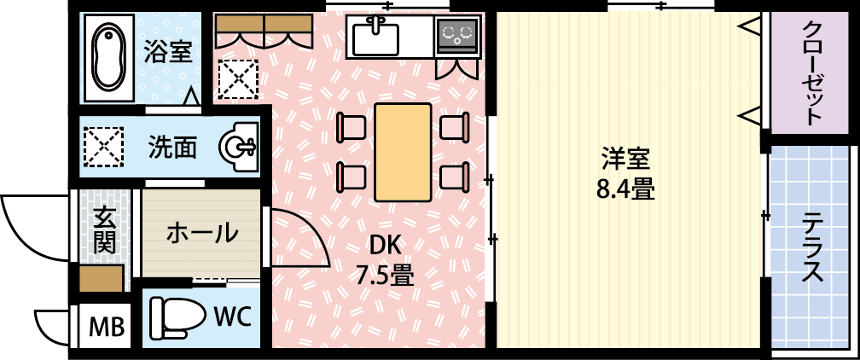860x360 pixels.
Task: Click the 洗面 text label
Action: (x=172, y=147)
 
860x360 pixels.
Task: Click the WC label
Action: (x=232, y=317)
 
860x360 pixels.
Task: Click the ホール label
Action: (x=202, y=234)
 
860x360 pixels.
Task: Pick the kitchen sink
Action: (x=375, y=36)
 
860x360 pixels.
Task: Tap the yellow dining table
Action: (x=403, y=152)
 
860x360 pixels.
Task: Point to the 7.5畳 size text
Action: (x=385, y=275)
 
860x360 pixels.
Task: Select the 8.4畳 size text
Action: (x=626, y=190)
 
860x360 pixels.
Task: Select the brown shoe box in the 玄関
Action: (x=101, y=279)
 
